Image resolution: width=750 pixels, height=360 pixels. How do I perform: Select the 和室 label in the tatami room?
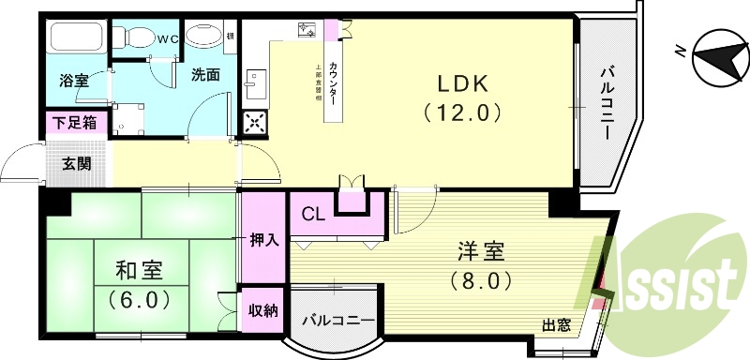141,271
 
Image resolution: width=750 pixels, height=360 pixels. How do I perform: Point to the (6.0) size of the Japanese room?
141,300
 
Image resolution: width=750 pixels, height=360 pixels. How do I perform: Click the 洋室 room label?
482,251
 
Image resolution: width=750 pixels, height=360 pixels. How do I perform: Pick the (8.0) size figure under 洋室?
482,280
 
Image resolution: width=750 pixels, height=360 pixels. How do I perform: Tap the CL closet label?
313,214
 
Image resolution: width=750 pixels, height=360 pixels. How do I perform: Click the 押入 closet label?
264,239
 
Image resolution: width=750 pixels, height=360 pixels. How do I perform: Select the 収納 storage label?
263,311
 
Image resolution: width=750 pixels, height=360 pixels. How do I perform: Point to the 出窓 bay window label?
556,325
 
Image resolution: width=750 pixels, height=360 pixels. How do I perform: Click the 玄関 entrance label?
77,163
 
